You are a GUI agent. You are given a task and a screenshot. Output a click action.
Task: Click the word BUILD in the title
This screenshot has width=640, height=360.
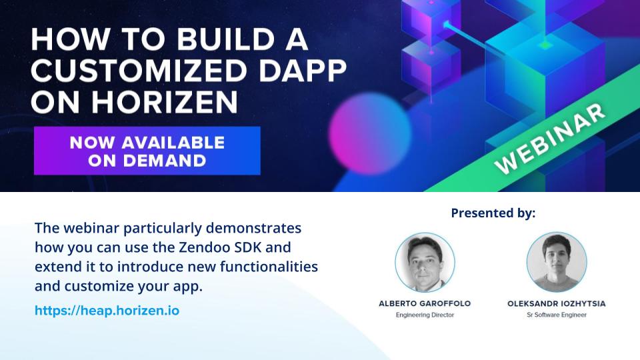(x=225, y=39)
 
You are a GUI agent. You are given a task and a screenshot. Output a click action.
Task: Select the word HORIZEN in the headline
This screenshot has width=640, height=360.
(x=165, y=101)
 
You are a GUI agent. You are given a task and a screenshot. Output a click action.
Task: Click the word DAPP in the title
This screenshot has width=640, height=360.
(x=303, y=70)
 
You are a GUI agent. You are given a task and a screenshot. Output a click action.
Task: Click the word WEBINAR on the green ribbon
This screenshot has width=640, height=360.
(x=549, y=138)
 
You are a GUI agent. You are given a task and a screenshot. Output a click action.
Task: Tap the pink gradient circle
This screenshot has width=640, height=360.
(x=370, y=133)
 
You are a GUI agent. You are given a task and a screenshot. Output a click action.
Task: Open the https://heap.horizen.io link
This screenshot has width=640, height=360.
(x=107, y=311)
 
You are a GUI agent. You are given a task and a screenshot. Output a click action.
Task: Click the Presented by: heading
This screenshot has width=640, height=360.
(x=493, y=213)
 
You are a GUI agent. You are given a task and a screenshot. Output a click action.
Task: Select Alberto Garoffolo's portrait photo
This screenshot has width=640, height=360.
(x=425, y=262)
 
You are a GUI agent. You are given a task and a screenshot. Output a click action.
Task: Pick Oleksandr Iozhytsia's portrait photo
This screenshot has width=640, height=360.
(x=557, y=262)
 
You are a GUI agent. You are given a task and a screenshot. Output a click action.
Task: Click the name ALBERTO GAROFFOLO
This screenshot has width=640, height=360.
(x=425, y=303)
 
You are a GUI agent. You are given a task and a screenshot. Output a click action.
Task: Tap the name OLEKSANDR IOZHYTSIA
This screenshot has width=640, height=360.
(x=557, y=303)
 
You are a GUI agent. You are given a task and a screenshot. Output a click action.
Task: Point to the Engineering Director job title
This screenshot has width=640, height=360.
(x=425, y=315)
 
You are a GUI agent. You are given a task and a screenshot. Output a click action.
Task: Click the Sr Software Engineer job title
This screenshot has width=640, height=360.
(x=557, y=315)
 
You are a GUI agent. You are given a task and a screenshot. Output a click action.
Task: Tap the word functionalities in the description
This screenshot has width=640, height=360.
(x=269, y=267)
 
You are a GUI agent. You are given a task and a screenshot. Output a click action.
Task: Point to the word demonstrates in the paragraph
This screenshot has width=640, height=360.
(x=253, y=228)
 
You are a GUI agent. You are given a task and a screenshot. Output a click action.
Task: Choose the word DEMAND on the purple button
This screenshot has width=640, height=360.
(x=165, y=161)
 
